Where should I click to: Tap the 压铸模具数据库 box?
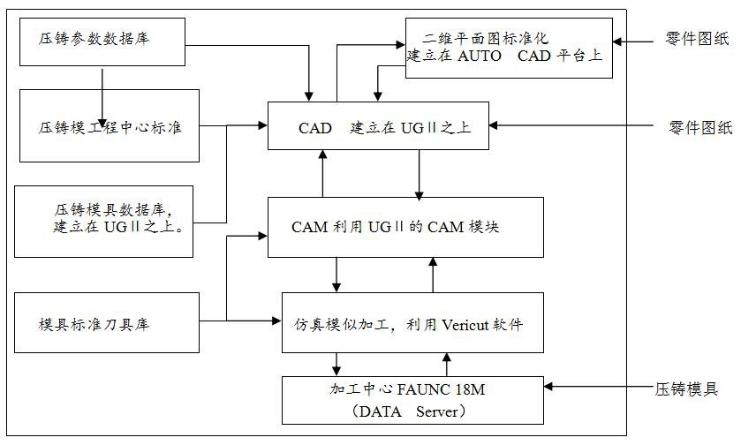point(104,220)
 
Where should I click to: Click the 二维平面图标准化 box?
point(508,48)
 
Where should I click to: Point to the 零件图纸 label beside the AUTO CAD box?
point(696,40)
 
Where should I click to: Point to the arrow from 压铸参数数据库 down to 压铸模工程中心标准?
point(103,97)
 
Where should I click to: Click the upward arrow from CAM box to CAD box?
point(323,173)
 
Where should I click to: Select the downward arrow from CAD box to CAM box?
point(419,173)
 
